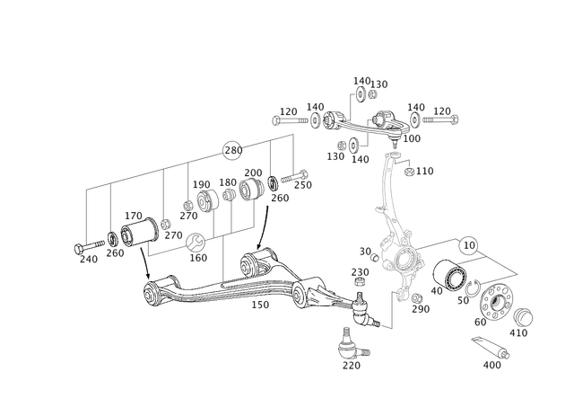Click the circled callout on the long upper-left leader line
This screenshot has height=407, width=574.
point(231,147)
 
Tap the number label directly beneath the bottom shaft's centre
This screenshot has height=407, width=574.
point(263,309)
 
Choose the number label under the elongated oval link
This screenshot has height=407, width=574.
point(494,364)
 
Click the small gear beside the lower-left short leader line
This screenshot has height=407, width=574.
point(196,240)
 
